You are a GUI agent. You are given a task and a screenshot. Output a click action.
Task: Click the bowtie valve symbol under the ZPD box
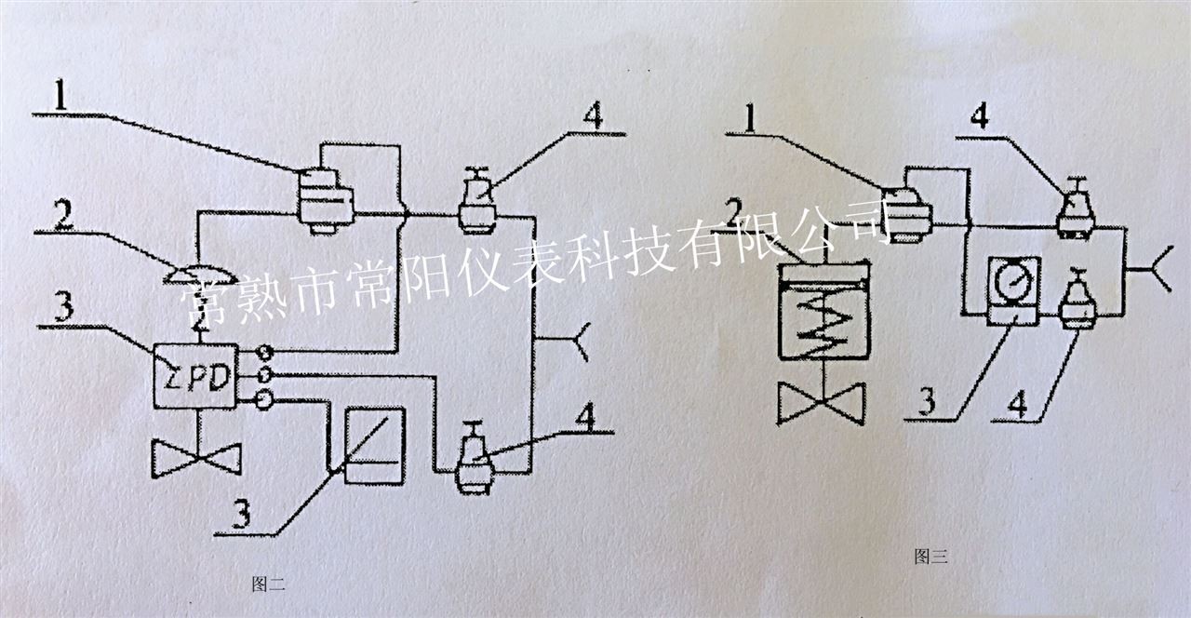pyautogui.click(x=196, y=458)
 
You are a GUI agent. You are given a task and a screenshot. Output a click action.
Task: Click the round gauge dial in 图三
pyautogui.click(x=1012, y=282)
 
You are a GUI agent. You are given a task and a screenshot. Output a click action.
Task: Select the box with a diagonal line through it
pyautogui.click(x=374, y=445)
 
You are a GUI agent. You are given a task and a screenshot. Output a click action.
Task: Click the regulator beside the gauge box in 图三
pyautogui.click(x=1079, y=300)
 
